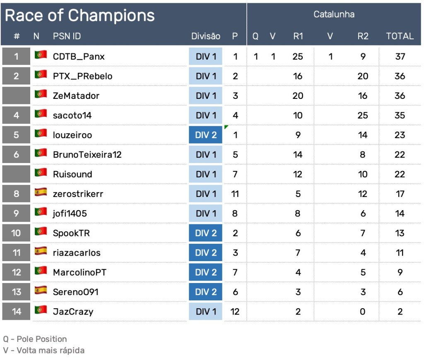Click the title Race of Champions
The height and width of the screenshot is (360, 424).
pos(79,16)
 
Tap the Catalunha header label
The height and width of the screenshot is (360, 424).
pos(334,14)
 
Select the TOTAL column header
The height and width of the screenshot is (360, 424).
pos(400,36)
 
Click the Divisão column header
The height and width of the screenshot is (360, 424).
pos(205,36)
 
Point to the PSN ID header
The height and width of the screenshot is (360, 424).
pos(67,36)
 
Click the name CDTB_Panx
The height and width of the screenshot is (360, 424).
pos(79,56)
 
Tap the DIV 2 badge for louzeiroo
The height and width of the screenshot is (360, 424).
pos(206,135)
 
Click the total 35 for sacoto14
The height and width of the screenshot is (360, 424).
pos(400,115)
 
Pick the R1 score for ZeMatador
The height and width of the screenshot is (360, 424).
pos(298,96)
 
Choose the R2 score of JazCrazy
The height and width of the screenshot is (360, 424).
pos(363,312)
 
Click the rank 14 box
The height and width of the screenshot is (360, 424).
pos(16,312)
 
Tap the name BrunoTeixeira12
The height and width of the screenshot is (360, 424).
pos(87,155)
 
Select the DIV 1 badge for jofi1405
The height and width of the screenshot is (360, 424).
pos(206,214)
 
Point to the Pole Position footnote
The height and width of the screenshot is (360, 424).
pos(35,339)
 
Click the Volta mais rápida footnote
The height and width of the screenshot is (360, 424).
pos(43,350)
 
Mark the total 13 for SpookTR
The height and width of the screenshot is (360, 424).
pos(400,233)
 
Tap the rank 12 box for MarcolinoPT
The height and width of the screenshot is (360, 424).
pos(16,272)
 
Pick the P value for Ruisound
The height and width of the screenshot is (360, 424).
pos(235,174)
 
